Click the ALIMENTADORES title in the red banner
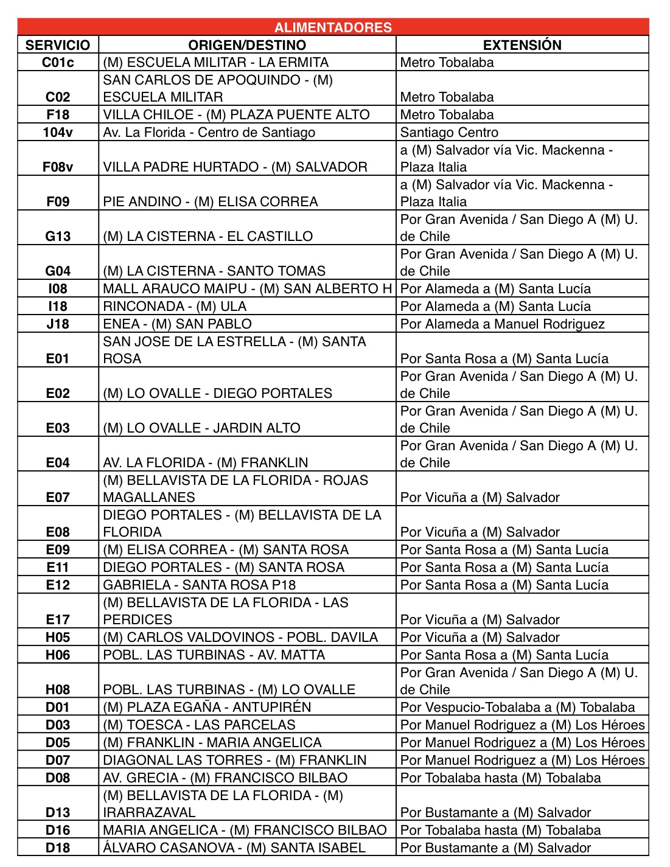(x=333, y=27)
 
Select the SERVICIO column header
(x=58, y=45)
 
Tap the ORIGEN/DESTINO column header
(x=247, y=45)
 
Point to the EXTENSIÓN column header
(x=522, y=45)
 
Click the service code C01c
(x=58, y=63)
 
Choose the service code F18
(x=58, y=115)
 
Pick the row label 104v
(x=58, y=133)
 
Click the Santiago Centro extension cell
(x=449, y=133)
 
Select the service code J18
(x=58, y=324)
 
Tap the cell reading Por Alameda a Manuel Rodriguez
(x=502, y=324)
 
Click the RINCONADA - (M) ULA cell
(x=175, y=307)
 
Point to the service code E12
(x=58, y=585)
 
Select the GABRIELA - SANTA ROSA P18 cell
(x=199, y=585)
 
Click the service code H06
(x=58, y=655)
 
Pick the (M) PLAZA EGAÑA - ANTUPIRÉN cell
(x=207, y=708)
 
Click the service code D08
(x=58, y=778)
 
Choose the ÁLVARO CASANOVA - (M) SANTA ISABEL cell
(x=234, y=848)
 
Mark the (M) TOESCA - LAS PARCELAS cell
(x=199, y=725)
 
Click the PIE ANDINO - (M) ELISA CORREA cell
(x=211, y=202)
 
